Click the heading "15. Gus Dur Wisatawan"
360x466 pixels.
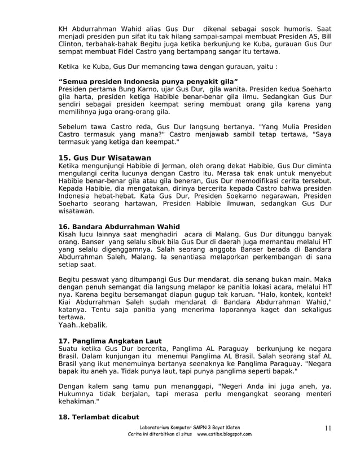coord(105,157)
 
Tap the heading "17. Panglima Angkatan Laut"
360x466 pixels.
coord(111,341)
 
